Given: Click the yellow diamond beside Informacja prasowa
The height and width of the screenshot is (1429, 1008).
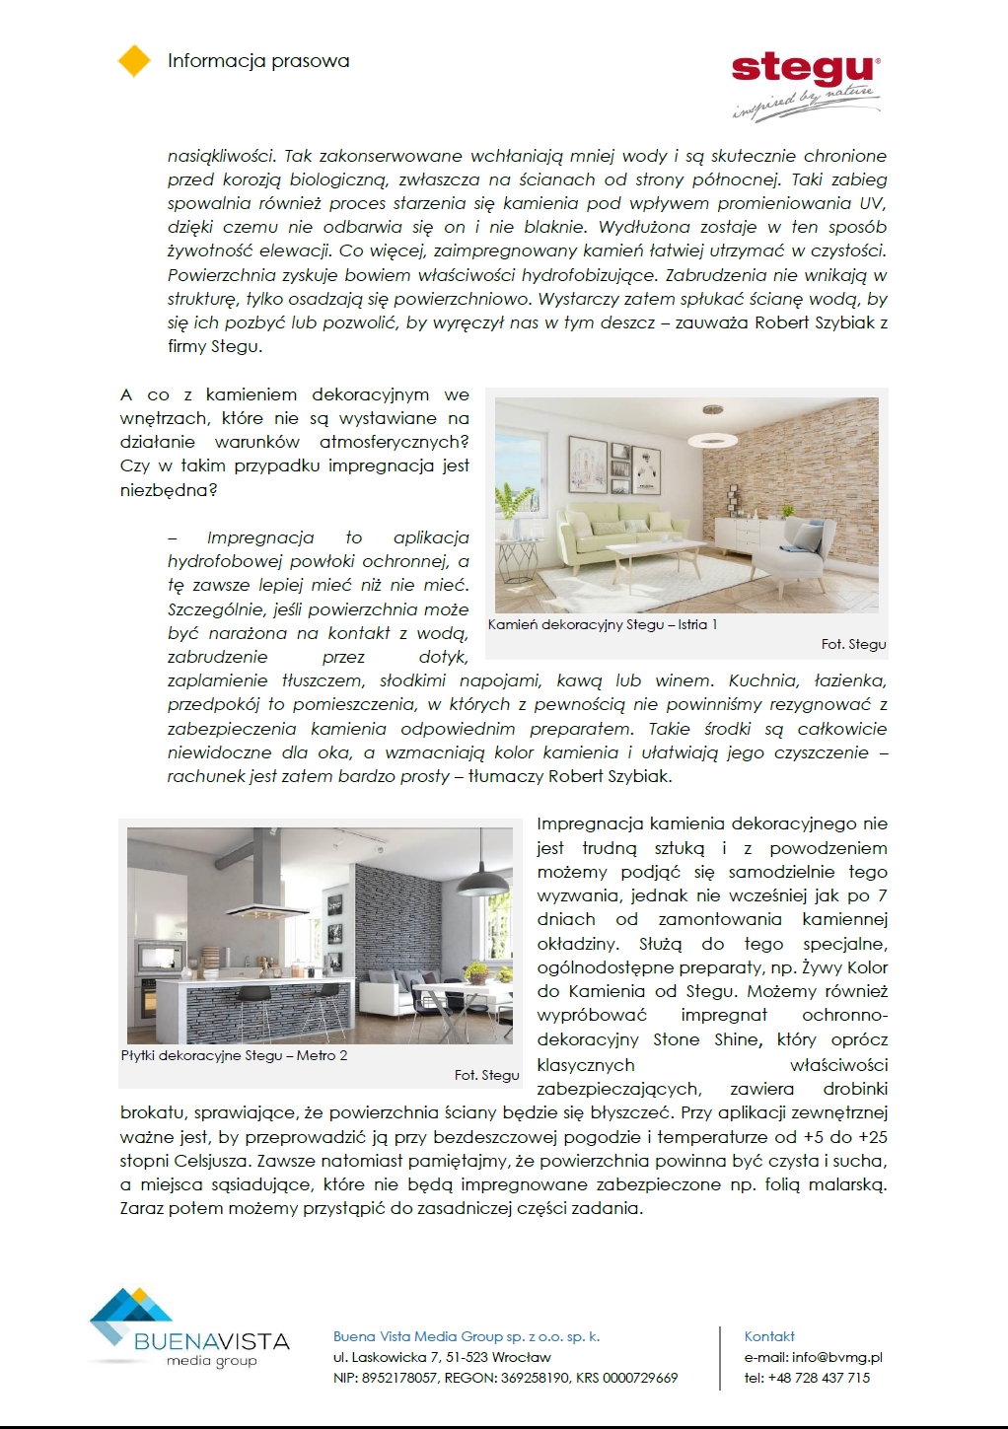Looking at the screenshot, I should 134,60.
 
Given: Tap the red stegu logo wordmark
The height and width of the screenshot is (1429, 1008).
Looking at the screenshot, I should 803,69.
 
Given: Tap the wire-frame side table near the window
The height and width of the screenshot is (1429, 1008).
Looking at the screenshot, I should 518,562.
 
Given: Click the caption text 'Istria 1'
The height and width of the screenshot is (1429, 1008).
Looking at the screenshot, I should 697,624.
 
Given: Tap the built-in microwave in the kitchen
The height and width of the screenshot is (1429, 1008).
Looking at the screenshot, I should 151,954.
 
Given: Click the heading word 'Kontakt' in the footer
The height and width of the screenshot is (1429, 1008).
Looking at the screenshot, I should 769,1336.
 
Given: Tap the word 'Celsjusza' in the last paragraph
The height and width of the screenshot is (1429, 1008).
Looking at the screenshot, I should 209,1161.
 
